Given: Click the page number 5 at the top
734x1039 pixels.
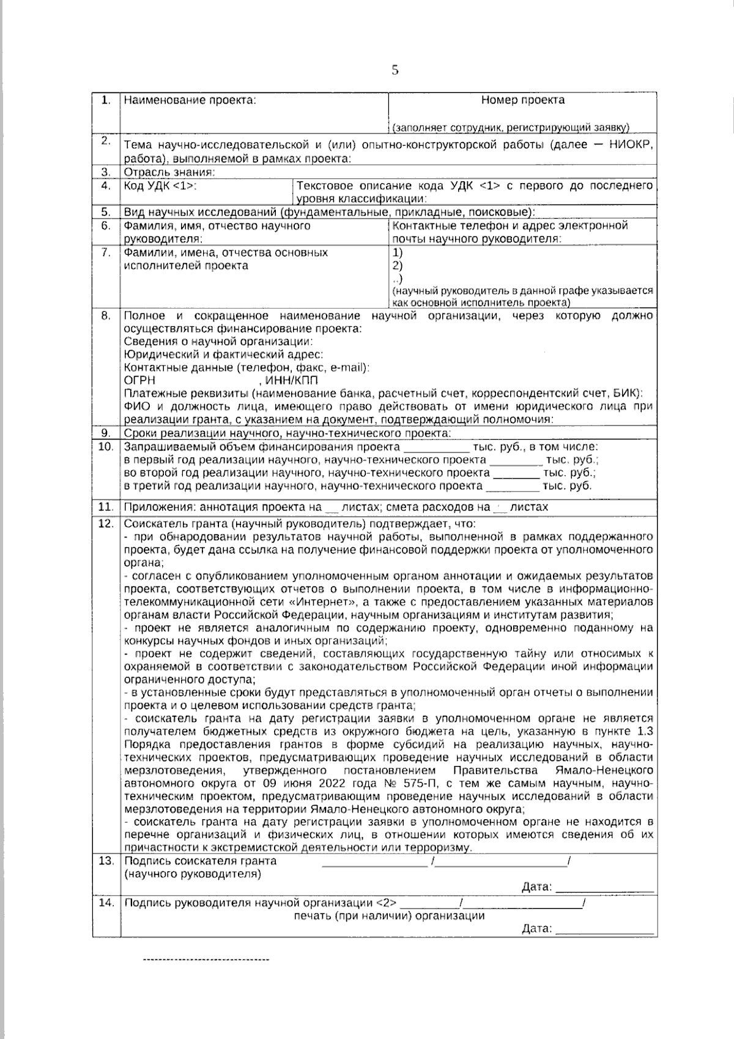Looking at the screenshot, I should point(395,70).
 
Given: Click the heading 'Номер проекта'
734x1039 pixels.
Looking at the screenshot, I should point(522,100).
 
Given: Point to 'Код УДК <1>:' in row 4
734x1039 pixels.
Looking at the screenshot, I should point(160,186).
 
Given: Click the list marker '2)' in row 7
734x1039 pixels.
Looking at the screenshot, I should point(398,266).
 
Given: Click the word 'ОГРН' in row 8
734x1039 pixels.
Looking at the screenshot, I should point(139,380).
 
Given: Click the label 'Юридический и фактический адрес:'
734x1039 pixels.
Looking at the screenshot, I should point(223,354).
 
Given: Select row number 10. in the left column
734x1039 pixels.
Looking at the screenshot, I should point(106,447).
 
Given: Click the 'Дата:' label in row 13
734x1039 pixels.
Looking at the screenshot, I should point(536,887).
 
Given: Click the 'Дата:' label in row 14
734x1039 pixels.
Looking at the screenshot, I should point(536,929).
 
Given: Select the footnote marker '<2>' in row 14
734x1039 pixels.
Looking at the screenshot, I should point(385,902).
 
